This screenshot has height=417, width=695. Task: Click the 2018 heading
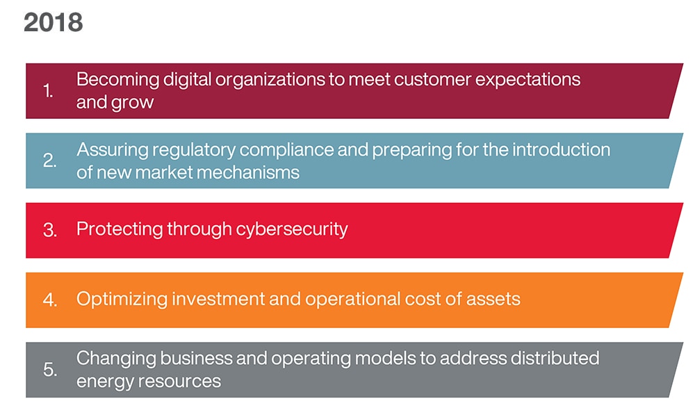pos(54,23)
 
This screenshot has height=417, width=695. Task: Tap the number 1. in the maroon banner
pos(49,91)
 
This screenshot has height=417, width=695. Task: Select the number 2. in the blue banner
pos(49,161)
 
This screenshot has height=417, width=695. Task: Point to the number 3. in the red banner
pos(49,230)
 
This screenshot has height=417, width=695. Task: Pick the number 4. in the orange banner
pos(49,300)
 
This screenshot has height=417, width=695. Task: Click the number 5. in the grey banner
pos(49,369)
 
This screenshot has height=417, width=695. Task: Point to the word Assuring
pos(112,151)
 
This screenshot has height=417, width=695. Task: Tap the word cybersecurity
pos(292,229)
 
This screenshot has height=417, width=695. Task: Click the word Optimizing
pos(122,299)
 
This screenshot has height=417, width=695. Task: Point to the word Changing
pos(116,359)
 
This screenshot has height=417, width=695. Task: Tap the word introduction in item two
pos(561,150)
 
